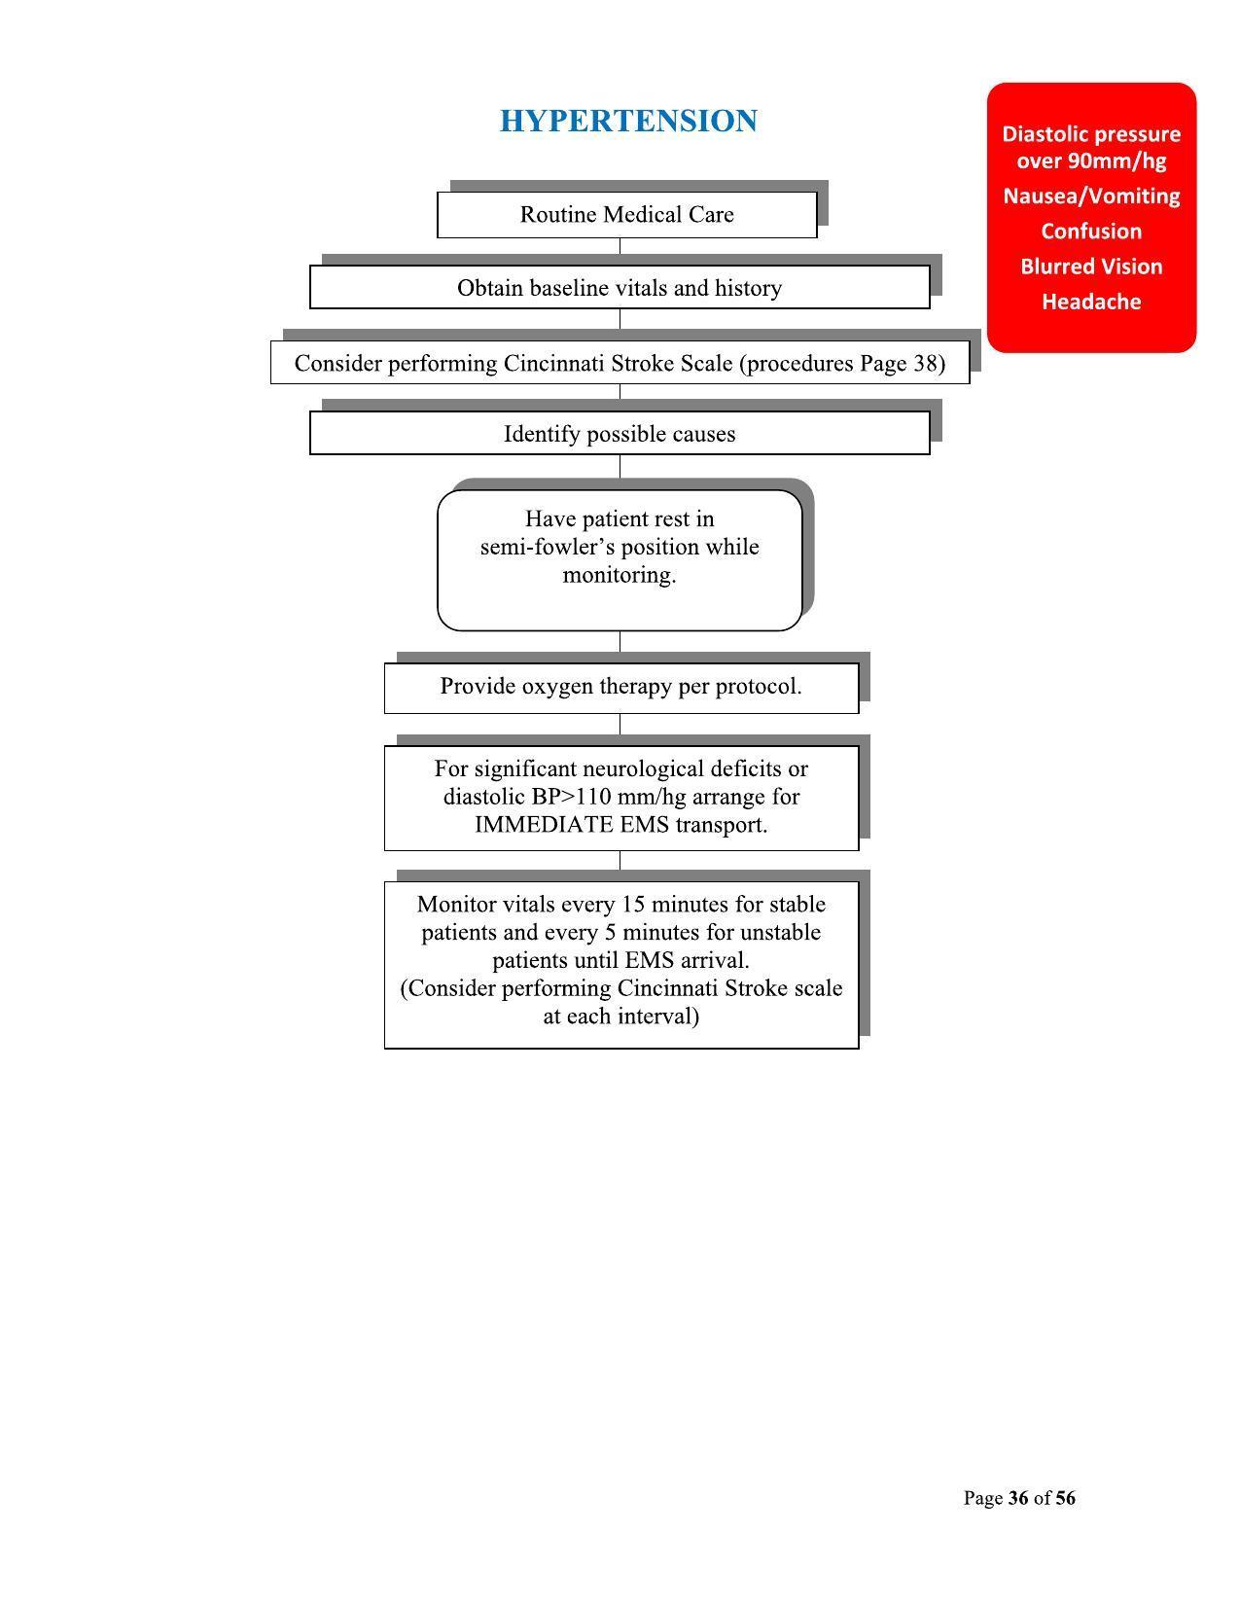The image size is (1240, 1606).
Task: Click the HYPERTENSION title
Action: [628, 122]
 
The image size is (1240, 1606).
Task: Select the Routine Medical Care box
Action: [626, 215]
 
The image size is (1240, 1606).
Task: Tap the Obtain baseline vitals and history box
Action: [620, 289]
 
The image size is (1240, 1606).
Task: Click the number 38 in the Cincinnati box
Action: [925, 364]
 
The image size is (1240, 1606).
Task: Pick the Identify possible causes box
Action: [620, 434]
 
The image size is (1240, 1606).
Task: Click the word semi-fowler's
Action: [543, 547]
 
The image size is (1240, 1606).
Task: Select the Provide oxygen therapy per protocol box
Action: [620, 687]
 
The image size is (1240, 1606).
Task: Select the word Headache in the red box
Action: [1091, 302]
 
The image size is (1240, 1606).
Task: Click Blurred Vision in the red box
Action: [1091, 267]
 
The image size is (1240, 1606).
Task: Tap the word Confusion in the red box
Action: [1091, 232]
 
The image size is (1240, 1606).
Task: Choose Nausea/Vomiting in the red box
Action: [1091, 196]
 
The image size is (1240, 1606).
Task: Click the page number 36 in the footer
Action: [1018, 1498]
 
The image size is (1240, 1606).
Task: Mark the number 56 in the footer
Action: [1065, 1498]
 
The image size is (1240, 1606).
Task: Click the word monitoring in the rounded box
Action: [619, 575]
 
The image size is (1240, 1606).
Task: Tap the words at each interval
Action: [620, 1017]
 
